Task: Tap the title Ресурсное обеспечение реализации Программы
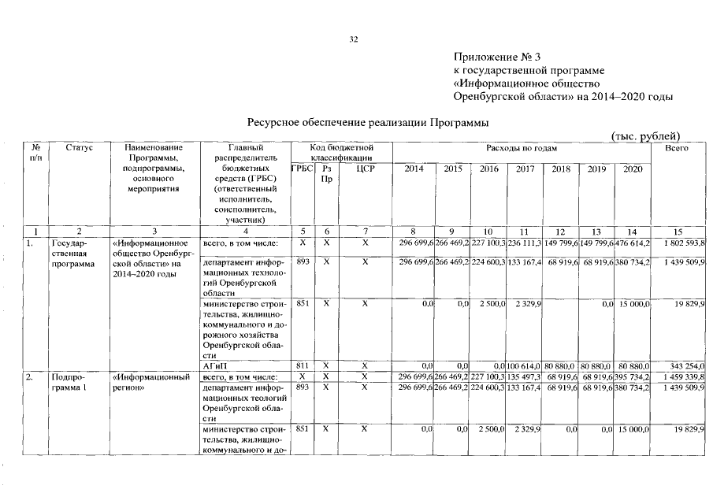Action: point(368,123)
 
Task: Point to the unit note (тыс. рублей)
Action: point(645,135)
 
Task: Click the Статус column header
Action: point(79,147)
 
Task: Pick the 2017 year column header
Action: point(525,168)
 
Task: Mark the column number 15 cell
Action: point(678,232)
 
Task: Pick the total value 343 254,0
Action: point(685,366)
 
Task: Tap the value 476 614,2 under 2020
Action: point(633,243)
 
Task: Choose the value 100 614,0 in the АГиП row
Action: point(525,366)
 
